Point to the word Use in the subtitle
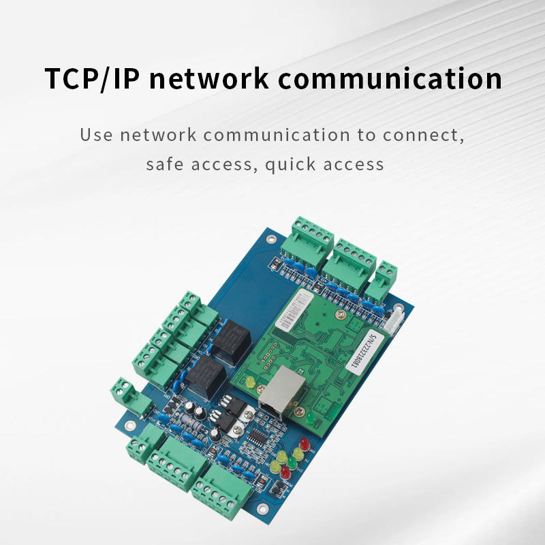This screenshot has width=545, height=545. point(95,134)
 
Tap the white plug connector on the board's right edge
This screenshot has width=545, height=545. point(393,320)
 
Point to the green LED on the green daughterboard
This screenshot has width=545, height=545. point(308,416)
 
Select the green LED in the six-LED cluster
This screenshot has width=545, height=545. point(291,462)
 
